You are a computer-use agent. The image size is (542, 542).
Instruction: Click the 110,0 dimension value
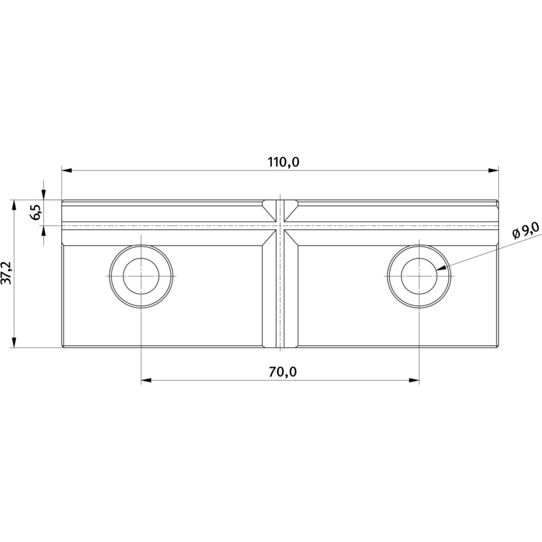click(283, 163)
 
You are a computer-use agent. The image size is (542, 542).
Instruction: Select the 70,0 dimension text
click(283, 372)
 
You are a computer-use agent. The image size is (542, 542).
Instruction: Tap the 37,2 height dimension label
click(6, 273)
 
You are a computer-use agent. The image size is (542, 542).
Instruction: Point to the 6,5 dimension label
click(37, 212)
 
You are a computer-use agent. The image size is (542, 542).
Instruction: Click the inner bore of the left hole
click(141, 276)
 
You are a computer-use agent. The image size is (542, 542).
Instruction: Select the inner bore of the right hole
click(419, 276)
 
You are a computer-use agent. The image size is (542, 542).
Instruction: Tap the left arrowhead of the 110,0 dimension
click(67, 170)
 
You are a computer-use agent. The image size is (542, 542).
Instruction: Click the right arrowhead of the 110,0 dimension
click(493, 170)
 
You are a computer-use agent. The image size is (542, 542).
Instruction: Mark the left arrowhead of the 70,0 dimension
click(146, 380)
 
